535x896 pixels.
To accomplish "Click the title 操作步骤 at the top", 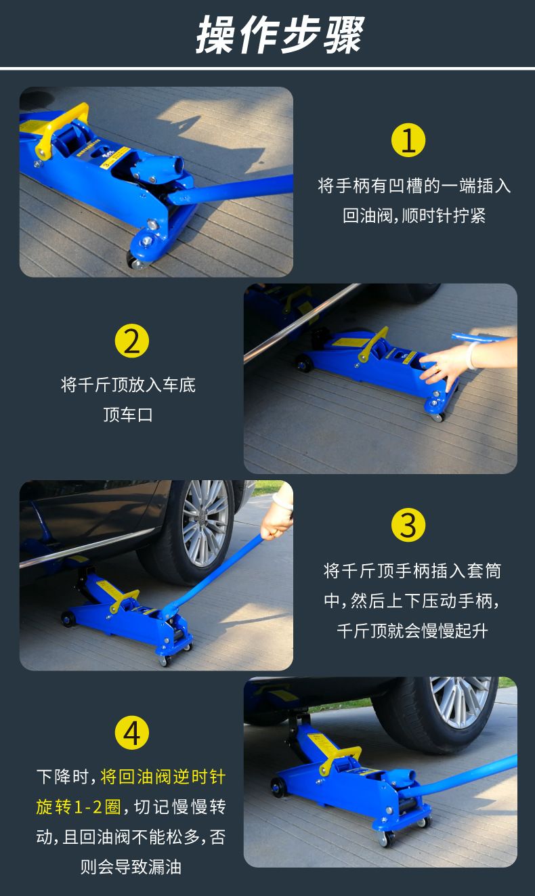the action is click(x=280, y=35).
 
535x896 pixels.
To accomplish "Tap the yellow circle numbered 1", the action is click(x=408, y=140).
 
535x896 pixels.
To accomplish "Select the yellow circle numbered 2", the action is click(x=132, y=341).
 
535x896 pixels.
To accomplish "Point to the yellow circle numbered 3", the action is click(x=408, y=525).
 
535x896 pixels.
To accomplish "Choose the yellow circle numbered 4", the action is click(x=132, y=733).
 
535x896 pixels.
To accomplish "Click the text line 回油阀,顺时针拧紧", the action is click(x=414, y=216).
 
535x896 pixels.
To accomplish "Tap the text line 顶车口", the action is click(x=128, y=414).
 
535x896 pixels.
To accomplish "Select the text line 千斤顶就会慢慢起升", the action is click(x=412, y=631).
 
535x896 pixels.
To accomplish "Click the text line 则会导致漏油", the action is click(x=131, y=867).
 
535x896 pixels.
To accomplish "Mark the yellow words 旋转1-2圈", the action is click(x=79, y=807).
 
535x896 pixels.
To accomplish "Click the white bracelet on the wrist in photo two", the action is click(x=473, y=354).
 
